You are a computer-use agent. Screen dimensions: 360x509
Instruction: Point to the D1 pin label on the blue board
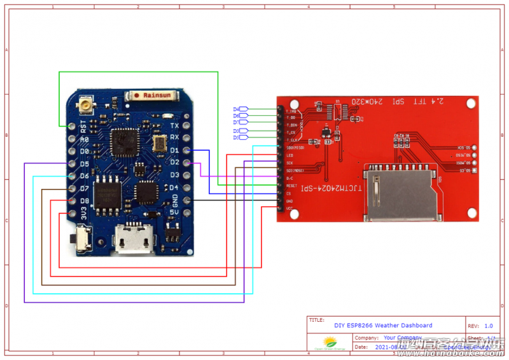click(x=174, y=151)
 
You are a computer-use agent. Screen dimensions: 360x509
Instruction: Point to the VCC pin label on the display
click(x=289, y=208)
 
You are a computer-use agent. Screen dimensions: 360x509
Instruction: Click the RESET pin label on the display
click(x=291, y=186)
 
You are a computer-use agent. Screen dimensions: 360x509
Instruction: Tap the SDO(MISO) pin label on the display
click(x=295, y=148)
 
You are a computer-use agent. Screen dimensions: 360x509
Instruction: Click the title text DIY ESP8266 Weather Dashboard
click(x=383, y=325)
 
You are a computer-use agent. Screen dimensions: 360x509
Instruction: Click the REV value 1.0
click(x=489, y=325)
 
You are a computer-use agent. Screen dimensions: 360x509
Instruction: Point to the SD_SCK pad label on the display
click(x=463, y=148)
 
